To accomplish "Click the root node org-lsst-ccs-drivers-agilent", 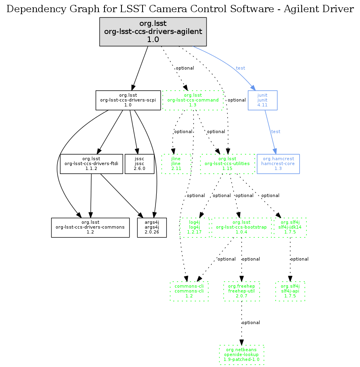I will [153, 32].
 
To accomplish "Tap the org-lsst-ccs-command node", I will [193, 100].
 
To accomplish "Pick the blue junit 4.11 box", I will [262, 100].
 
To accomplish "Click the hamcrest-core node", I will [278, 163].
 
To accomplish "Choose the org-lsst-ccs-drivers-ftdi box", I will [91, 163].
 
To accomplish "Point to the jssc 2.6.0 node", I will [140, 163].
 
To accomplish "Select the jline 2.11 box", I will [176, 163].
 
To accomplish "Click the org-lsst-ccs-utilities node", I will [227, 163].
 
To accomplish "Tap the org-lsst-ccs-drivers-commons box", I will [90, 227].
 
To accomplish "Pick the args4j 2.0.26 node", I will [152, 227].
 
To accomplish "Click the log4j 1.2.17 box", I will [194, 227].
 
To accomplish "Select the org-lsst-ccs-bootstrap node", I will [241, 227].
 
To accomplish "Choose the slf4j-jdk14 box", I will [290, 227].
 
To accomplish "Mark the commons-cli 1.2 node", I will [189, 291].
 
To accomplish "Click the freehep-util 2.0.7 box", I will [241, 291].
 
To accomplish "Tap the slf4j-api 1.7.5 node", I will [290, 291].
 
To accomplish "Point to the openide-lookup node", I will [241, 354].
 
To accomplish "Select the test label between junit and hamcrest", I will [275, 132].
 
